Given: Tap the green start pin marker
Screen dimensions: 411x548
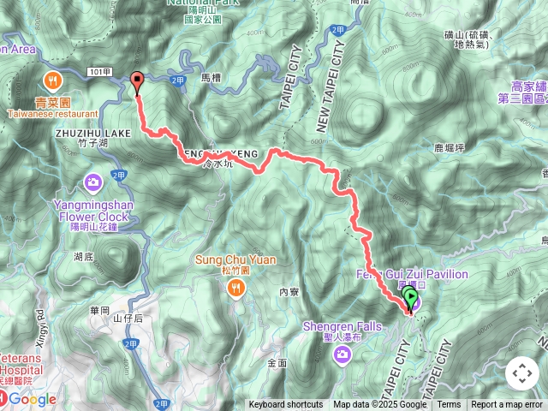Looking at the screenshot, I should (x=410, y=300).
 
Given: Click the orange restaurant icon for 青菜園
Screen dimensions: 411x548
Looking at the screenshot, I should (x=53, y=80).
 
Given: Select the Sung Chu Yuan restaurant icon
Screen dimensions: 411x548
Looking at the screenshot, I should (x=235, y=289).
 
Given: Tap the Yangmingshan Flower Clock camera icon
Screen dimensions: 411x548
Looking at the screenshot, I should (x=93, y=182).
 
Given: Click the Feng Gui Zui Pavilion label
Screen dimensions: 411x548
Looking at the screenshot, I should (x=412, y=274).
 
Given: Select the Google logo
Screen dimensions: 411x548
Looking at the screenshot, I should (x=33, y=399).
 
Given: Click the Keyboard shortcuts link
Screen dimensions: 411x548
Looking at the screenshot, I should (x=286, y=405).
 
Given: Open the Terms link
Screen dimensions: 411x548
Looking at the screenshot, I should (x=449, y=405).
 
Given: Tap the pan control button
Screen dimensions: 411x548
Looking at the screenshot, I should (x=522, y=373).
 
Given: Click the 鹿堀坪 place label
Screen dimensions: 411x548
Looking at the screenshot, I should (x=448, y=147).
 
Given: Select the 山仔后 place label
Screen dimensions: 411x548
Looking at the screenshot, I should (x=128, y=318).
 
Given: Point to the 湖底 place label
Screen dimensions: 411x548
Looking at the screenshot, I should (x=83, y=256).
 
